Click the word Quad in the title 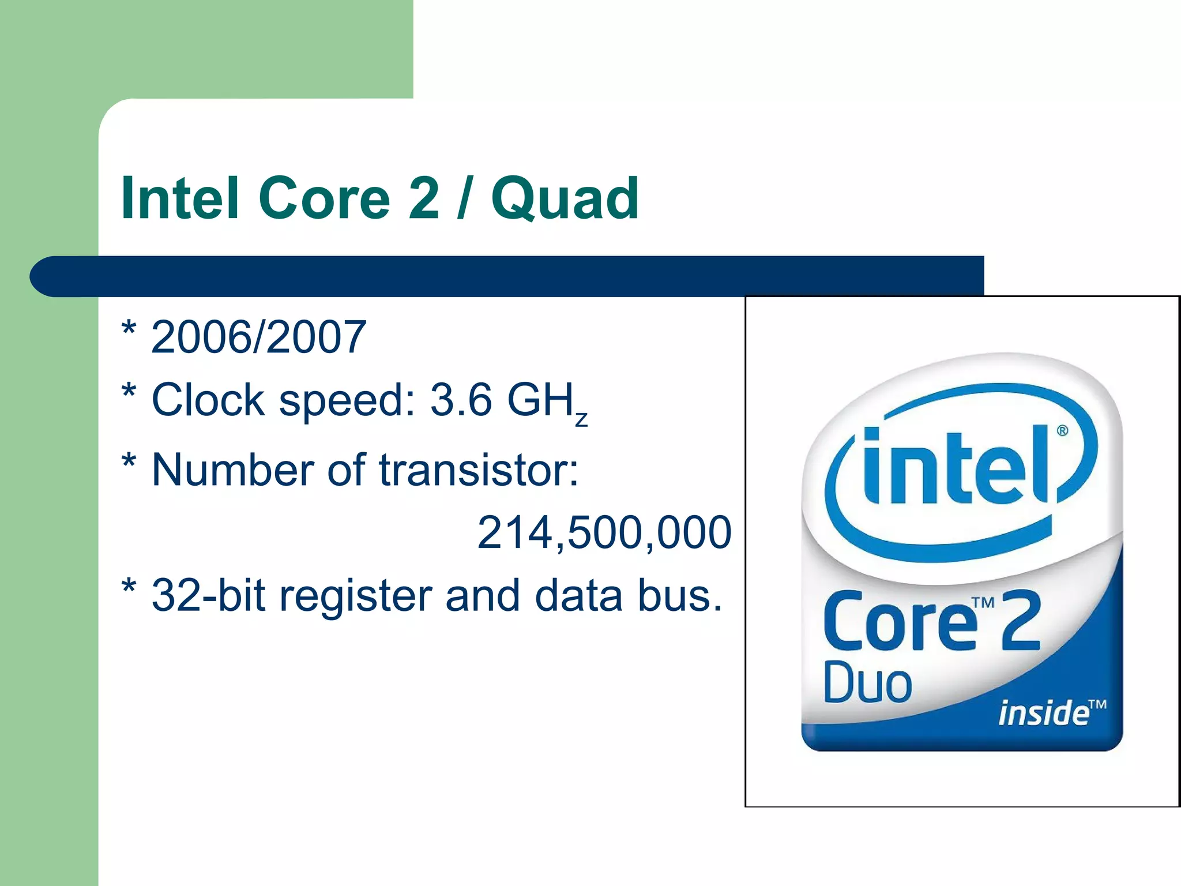click(x=565, y=199)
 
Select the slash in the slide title click(x=463, y=199)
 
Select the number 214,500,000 click(x=604, y=532)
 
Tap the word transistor click(x=479, y=470)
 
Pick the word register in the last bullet click(x=355, y=596)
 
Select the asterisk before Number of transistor click(x=129, y=461)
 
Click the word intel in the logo click(x=954, y=467)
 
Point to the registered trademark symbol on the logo click(x=1062, y=431)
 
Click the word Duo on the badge click(x=867, y=684)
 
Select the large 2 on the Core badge click(x=1021, y=622)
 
